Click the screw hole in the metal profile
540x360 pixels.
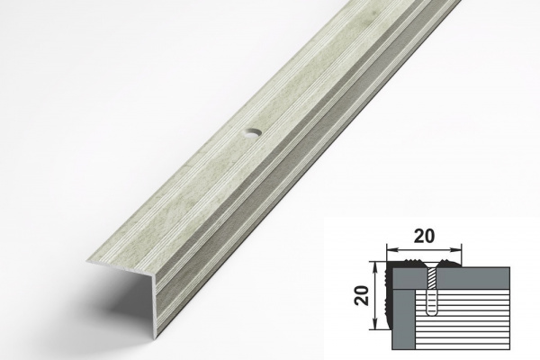click(x=253, y=133)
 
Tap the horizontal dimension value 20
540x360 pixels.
click(x=424, y=236)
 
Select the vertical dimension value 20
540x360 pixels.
click(x=363, y=295)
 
